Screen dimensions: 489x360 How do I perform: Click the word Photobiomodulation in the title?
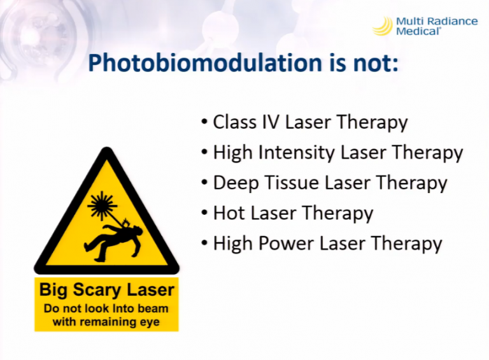205,64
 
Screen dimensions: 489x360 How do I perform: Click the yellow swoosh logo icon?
383,26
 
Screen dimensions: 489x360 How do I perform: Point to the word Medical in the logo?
418,31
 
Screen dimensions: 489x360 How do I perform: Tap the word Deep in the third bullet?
236,183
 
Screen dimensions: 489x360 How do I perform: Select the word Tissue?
292,182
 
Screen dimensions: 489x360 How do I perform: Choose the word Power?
286,243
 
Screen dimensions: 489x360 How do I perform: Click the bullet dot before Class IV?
204,122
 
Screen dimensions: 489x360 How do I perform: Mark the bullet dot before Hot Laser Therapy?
204,213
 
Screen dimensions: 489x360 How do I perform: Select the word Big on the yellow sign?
53,291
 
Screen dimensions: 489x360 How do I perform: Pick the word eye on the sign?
151,322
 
